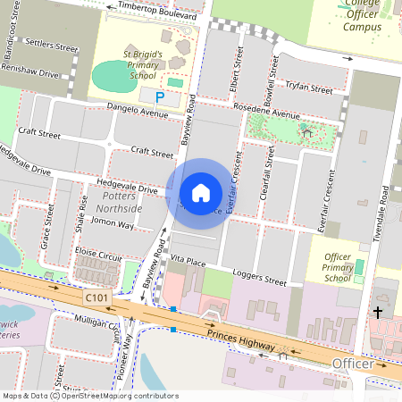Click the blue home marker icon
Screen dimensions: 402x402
click(201, 192)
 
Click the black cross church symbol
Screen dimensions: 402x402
click(378, 313)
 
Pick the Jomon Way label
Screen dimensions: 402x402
click(113, 224)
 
